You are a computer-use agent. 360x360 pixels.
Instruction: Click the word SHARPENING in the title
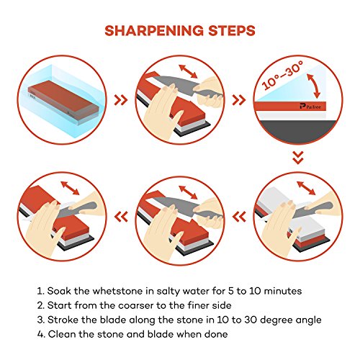(x=155, y=30)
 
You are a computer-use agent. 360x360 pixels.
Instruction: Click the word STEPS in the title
(x=232, y=30)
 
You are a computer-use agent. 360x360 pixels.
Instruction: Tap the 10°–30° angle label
(x=283, y=76)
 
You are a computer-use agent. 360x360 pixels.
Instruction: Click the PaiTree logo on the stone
(x=310, y=107)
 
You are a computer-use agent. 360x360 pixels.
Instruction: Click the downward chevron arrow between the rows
(x=298, y=158)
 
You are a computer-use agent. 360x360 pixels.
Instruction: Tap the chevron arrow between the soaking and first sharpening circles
(x=121, y=100)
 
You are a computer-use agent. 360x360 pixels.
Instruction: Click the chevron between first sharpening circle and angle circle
(x=239, y=100)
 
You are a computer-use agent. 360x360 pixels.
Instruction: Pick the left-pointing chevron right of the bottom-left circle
(x=121, y=217)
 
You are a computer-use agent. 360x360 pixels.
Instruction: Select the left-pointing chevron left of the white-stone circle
(x=239, y=217)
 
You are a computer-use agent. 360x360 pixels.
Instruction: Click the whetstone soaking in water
(x=63, y=102)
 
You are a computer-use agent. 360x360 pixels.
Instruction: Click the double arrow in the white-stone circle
(x=306, y=188)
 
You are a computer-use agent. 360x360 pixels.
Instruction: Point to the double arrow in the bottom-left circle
(x=70, y=188)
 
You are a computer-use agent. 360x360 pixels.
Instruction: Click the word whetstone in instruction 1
(x=117, y=291)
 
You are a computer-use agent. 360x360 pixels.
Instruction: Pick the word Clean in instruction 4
(x=62, y=334)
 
